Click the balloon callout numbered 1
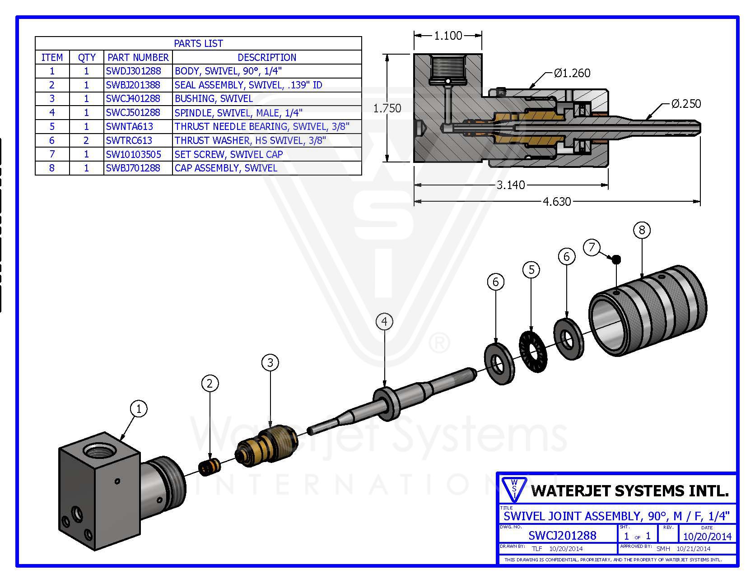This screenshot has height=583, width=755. click(139, 409)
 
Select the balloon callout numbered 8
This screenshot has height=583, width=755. click(642, 230)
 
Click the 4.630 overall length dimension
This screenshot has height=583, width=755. click(556, 201)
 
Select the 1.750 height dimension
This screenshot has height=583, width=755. click(387, 108)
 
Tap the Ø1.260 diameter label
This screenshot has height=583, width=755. click(572, 73)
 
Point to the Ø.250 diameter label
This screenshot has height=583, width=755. click(685, 104)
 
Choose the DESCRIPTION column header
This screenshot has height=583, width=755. click(267, 57)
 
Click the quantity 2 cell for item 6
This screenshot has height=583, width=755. click(86, 140)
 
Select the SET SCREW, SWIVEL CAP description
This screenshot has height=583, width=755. click(228, 154)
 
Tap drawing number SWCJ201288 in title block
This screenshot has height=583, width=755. click(562, 535)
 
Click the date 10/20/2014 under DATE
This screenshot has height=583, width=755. click(707, 537)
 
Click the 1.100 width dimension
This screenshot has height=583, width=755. click(448, 36)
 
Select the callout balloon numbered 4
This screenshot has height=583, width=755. click(384, 322)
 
